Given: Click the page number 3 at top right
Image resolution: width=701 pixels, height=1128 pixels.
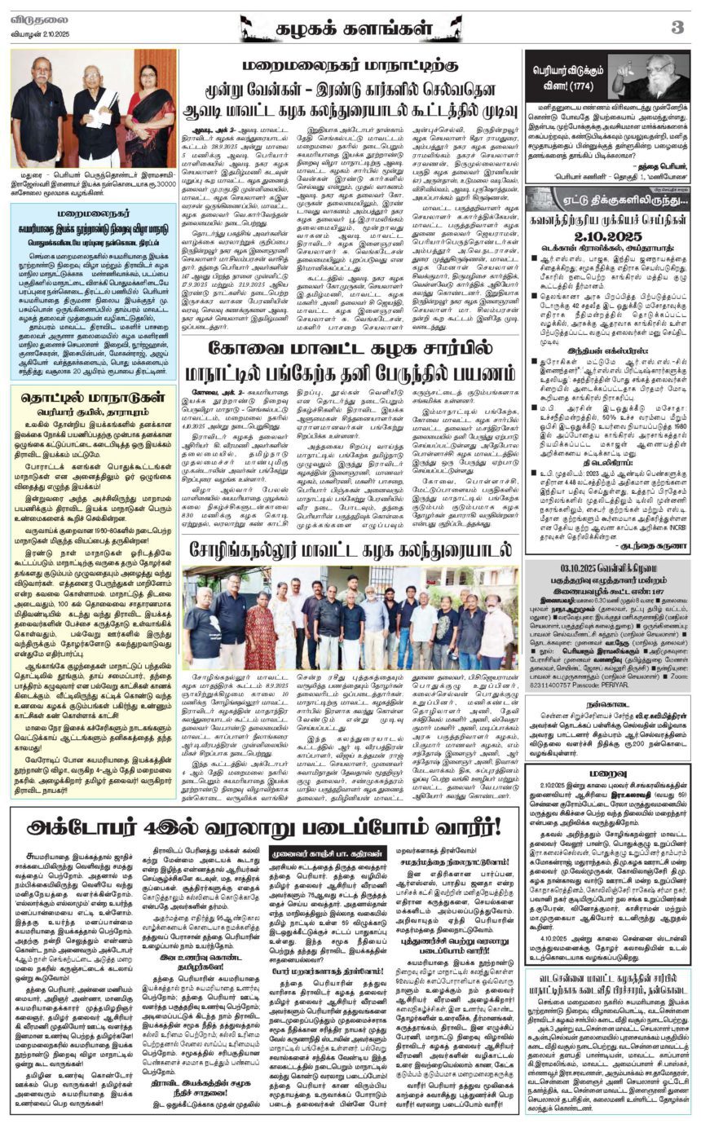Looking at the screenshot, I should click(x=677, y=27).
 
